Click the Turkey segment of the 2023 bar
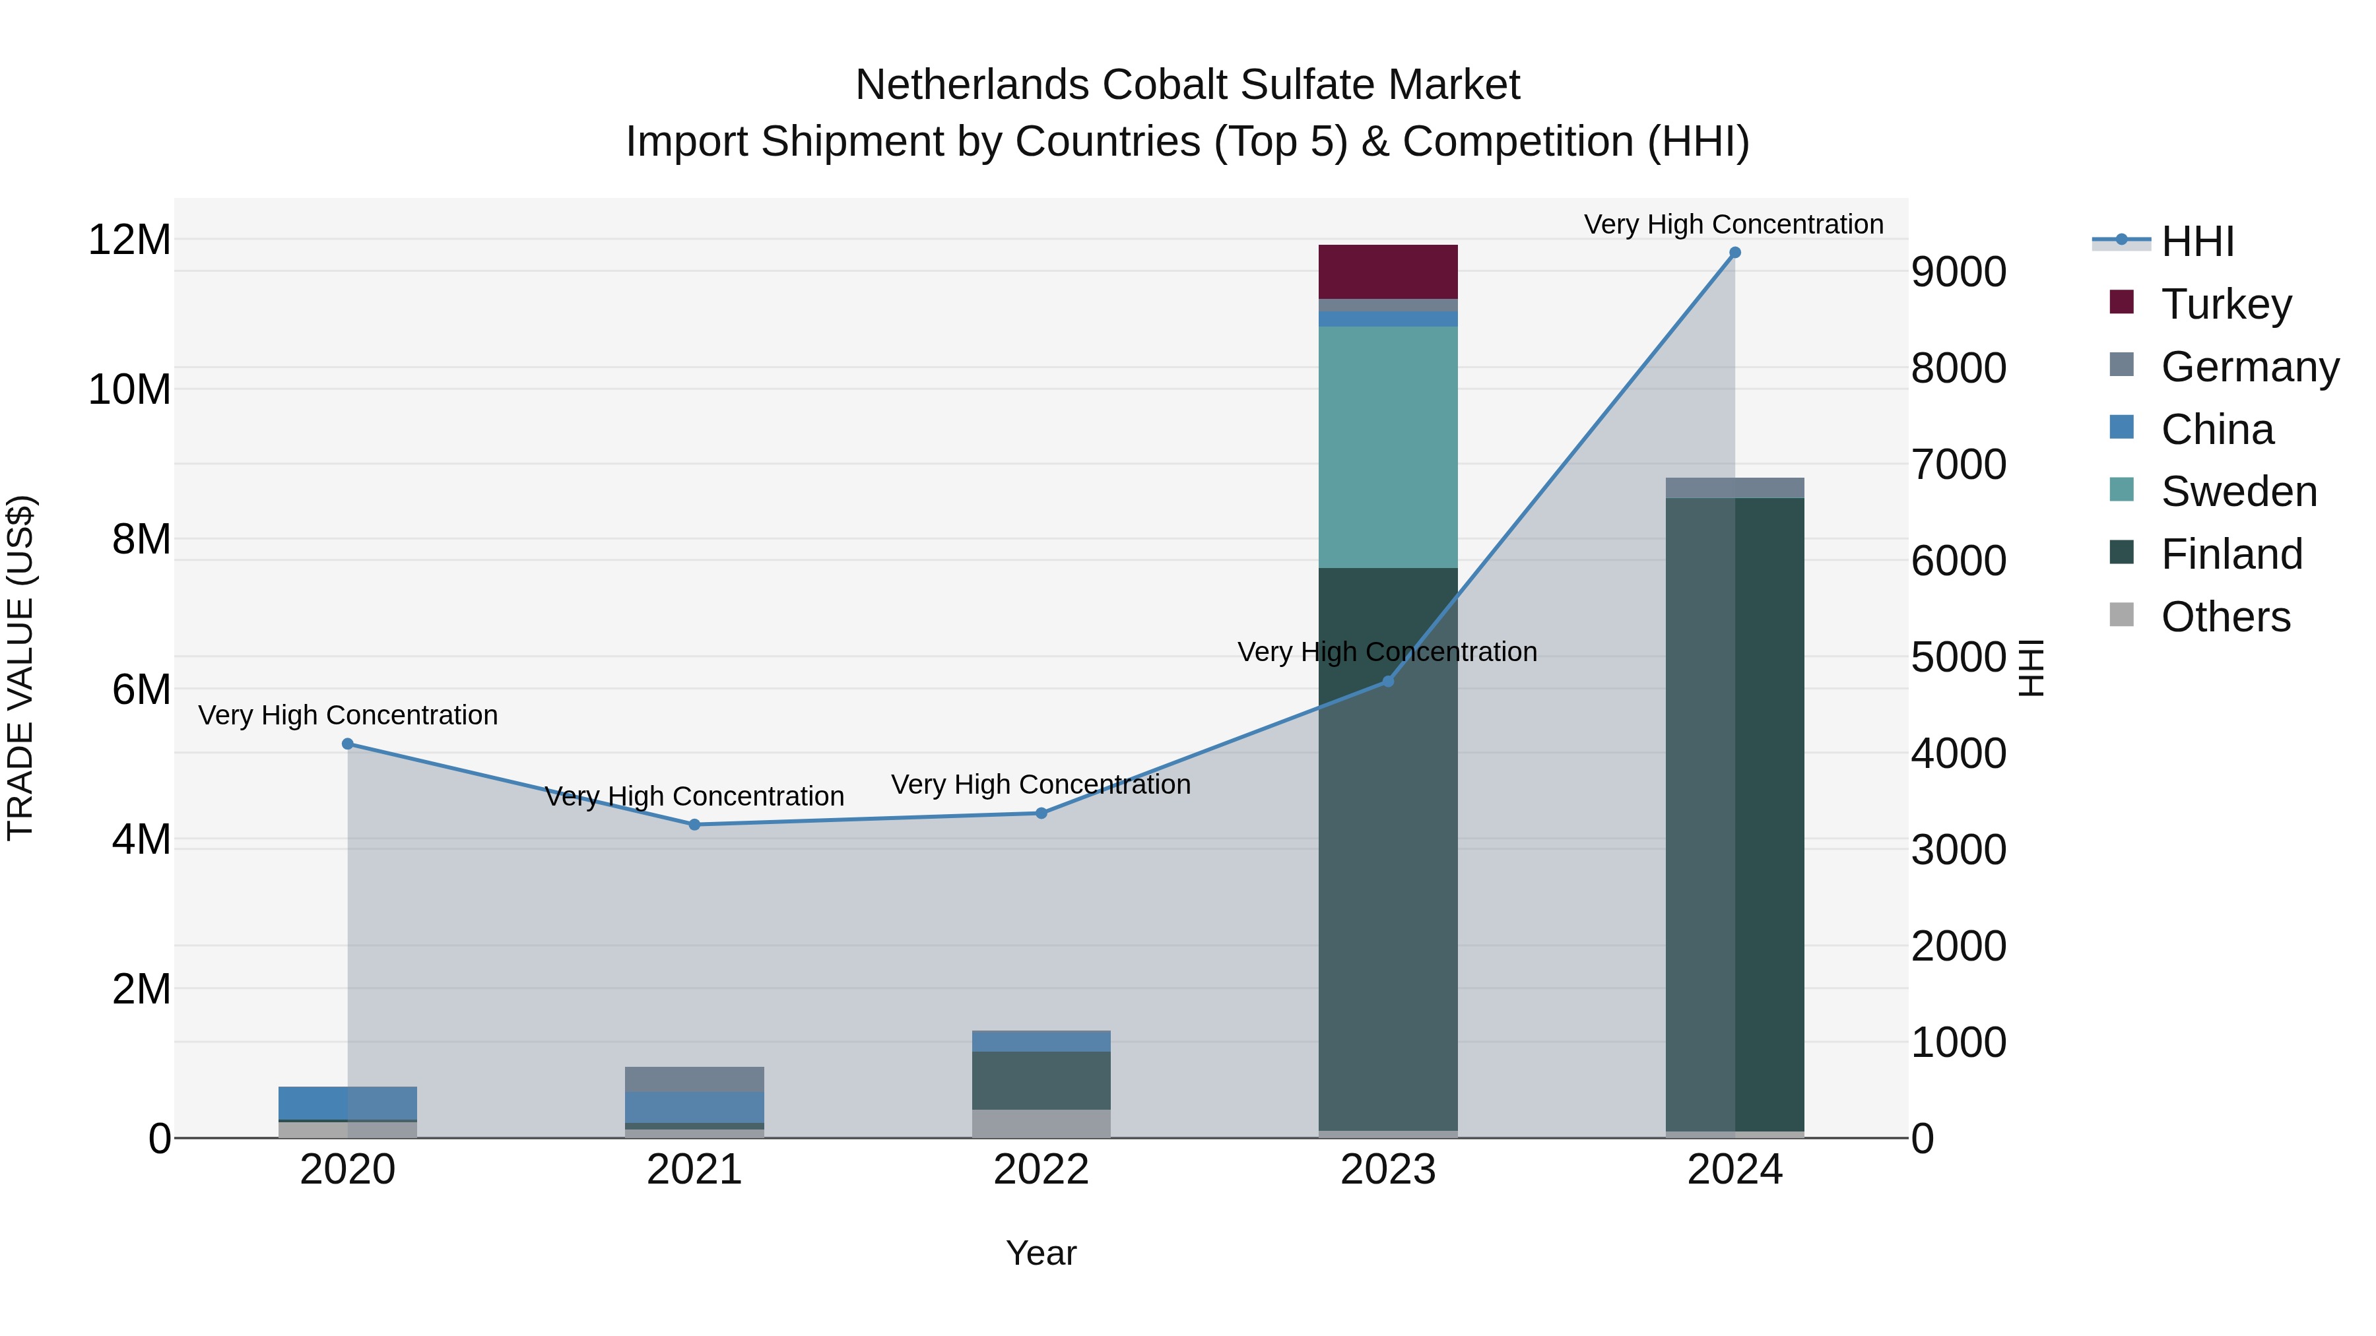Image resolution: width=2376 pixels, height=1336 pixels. click(x=1387, y=271)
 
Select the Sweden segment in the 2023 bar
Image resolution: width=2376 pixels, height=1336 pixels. click(x=1387, y=447)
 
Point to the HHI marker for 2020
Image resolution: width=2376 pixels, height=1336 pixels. click(x=348, y=744)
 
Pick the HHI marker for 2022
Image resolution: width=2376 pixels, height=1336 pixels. click(x=1041, y=813)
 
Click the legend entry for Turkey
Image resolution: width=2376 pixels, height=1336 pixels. click(x=2225, y=304)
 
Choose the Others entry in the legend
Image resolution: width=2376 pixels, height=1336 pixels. click(x=2225, y=617)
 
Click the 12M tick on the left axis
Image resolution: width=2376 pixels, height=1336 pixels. click(x=129, y=239)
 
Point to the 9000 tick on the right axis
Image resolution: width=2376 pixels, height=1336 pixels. click(x=1958, y=272)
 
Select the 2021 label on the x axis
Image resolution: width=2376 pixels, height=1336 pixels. click(x=694, y=1170)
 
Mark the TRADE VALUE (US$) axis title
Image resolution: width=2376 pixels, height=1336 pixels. click(x=20, y=668)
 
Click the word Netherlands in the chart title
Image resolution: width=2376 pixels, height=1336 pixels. click(x=972, y=85)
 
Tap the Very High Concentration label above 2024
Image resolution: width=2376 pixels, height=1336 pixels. click(x=1733, y=224)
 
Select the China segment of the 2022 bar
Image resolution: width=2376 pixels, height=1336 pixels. click(x=1041, y=1041)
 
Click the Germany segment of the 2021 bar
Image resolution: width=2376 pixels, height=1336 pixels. click(x=694, y=1079)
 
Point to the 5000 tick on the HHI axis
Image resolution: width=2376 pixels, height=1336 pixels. click(x=1958, y=657)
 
